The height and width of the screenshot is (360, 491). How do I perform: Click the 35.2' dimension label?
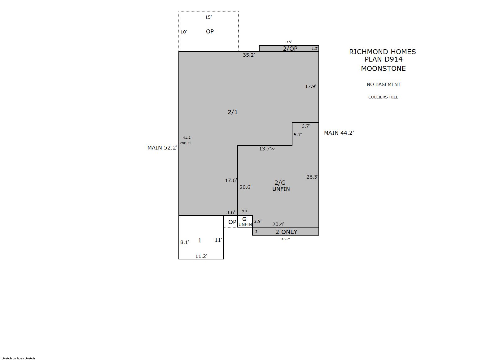pyautogui.click(x=249, y=55)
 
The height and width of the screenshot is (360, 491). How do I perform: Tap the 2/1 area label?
pyautogui.click(x=233, y=112)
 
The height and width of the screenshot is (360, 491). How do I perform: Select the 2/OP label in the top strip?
pyautogui.click(x=290, y=49)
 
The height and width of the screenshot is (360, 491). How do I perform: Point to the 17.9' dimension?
pyautogui.click(x=311, y=86)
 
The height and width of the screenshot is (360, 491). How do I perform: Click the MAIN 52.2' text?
pyautogui.click(x=162, y=148)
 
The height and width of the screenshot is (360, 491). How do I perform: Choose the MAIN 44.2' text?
pyautogui.click(x=339, y=133)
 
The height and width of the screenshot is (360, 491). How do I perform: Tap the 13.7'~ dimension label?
pyautogui.click(x=267, y=149)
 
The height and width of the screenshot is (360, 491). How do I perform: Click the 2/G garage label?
pyautogui.click(x=280, y=183)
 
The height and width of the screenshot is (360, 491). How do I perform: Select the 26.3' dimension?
pyautogui.click(x=312, y=177)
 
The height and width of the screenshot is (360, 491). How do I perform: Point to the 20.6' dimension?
pyautogui.click(x=245, y=187)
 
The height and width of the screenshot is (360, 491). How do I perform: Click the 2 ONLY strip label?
pyautogui.click(x=286, y=232)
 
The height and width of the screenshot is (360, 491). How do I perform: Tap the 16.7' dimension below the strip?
pyautogui.click(x=286, y=239)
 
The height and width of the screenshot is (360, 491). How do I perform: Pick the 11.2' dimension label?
pyautogui.click(x=201, y=256)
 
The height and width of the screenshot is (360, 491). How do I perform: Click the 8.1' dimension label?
pyautogui.click(x=185, y=242)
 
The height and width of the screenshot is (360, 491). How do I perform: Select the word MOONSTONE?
pyautogui.click(x=384, y=68)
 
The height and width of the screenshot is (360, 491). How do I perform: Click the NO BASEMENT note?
pyautogui.click(x=384, y=84)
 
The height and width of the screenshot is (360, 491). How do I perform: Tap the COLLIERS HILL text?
pyautogui.click(x=383, y=97)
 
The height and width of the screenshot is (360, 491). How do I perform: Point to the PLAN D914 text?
pyautogui.click(x=384, y=59)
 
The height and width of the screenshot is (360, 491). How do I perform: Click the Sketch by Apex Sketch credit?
pyautogui.click(x=18, y=358)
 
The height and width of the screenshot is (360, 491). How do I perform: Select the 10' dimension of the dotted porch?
pyautogui.click(x=184, y=32)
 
